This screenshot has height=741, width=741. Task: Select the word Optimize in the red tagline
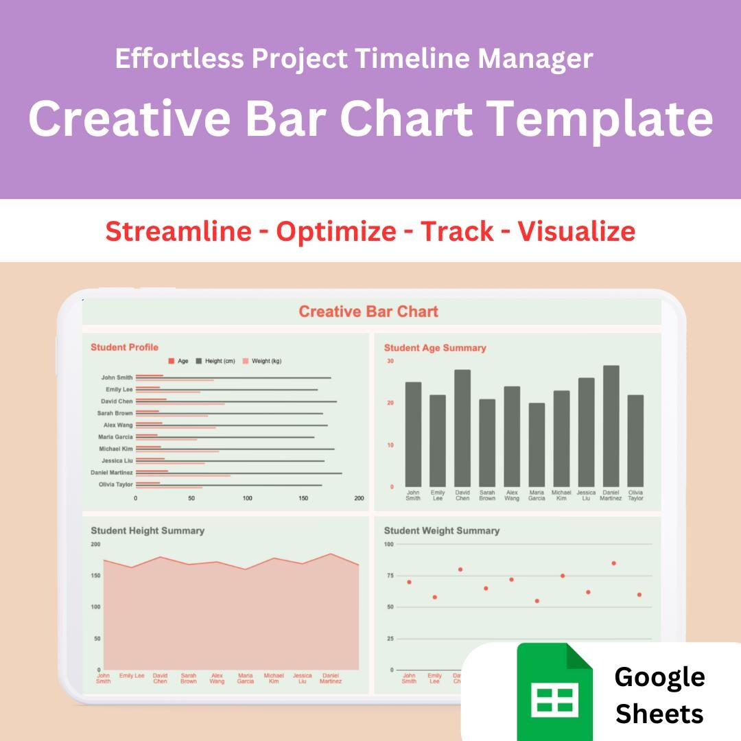pyautogui.click(x=336, y=231)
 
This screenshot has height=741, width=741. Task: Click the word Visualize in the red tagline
pyautogui.click(x=576, y=231)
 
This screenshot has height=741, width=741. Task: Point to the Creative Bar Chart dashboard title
pyautogui.click(x=368, y=311)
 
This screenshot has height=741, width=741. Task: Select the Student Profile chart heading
pyautogui.click(x=124, y=347)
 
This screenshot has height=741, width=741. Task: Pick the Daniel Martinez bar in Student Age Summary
pyautogui.click(x=611, y=425)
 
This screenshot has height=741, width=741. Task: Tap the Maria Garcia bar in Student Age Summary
pyautogui.click(x=537, y=445)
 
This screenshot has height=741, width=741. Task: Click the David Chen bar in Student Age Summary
pyautogui.click(x=462, y=427)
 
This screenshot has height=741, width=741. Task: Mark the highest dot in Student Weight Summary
pyautogui.click(x=613, y=563)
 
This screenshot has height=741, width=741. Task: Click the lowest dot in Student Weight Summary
pyautogui.click(x=537, y=601)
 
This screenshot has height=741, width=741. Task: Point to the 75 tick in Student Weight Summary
pyautogui.click(x=389, y=576)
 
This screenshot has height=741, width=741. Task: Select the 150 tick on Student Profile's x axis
pyautogui.click(x=303, y=498)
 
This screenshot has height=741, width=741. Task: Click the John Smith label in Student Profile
pyautogui.click(x=117, y=377)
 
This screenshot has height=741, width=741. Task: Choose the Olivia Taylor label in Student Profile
pyautogui.click(x=115, y=484)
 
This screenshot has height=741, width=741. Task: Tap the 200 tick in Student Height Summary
pyautogui.click(x=95, y=544)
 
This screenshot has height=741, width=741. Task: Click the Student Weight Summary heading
pyautogui.click(x=441, y=530)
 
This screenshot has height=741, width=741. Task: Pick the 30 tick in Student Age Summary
pyautogui.click(x=390, y=361)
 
